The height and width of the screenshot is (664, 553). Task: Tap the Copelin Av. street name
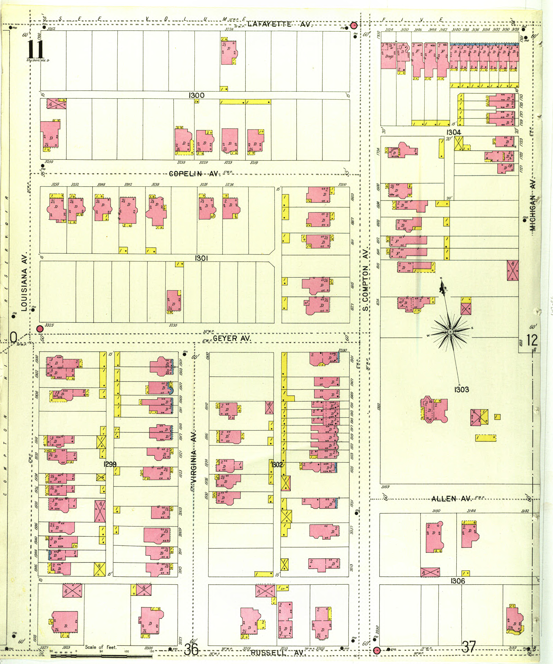tap(194, 174)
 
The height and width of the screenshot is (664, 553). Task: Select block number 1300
tap(197, 95)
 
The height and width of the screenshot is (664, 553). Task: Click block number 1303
tap(461, 390)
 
